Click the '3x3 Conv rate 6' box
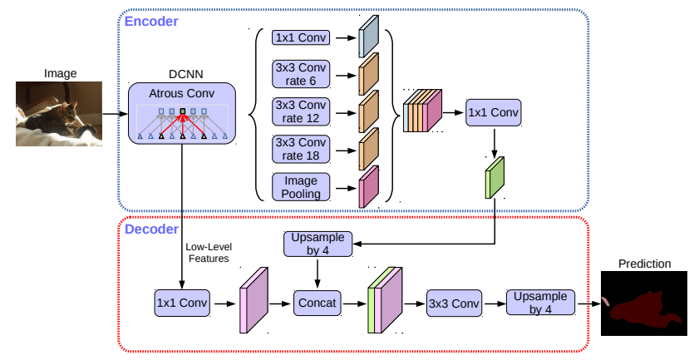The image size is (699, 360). click(301, 75)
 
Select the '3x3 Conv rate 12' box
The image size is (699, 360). click(301, 112)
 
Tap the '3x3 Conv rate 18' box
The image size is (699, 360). click(301, 150)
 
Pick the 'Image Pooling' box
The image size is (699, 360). click(301, 187)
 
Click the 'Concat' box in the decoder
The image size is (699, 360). click(317, 303)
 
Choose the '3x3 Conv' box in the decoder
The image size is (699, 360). click(454, 303)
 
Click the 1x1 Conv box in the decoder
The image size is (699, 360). click(182, 303)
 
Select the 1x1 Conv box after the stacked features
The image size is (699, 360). click(493, 112)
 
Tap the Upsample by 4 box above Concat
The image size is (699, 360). click(318, 244)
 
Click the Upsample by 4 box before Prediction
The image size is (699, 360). click(540, 303)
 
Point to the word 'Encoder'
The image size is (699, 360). click(151, 22)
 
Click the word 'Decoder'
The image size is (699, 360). click(151, 229)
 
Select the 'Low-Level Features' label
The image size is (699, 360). click(209, 253)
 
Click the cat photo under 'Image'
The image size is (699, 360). click(59, 114)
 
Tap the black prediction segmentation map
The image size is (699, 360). click(644, 303)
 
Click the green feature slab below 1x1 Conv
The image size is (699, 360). click(495, 178)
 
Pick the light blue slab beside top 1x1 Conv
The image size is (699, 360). click(369, 37)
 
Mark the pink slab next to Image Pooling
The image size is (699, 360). click(369, 186)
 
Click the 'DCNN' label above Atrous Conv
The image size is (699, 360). click(186, 74)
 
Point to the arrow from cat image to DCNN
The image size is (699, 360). click(116, 114)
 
